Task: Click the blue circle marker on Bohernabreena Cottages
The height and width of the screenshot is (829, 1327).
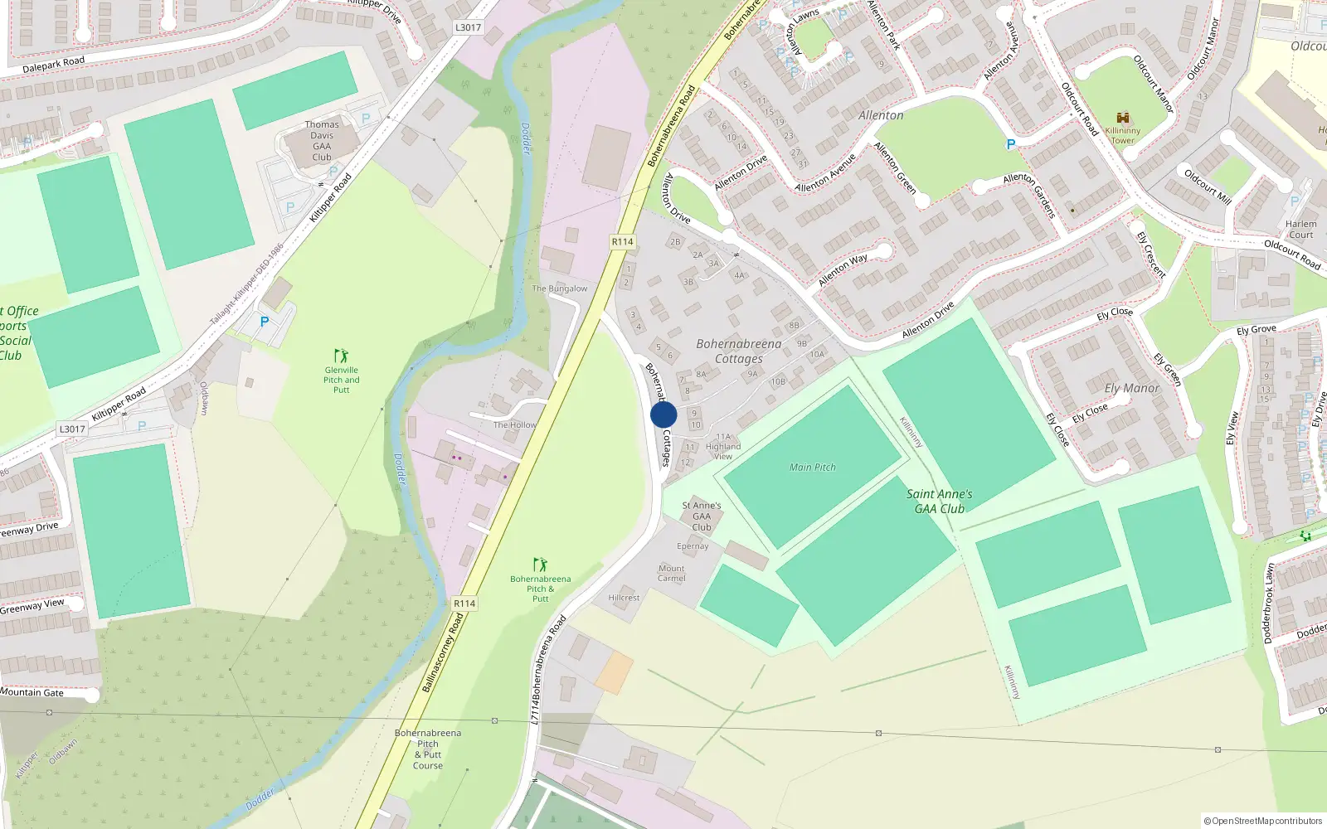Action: [x=663, y=414]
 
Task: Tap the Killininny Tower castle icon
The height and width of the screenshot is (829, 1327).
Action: [x=1123, y=118]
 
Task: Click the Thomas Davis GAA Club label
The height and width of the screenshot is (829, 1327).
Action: [x=322, y=140]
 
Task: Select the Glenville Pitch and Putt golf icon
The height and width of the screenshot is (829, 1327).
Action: [x=341, y=356]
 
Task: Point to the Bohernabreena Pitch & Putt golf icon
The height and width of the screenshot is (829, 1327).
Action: [x=541, y=565]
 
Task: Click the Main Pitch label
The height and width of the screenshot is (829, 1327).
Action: [x=812, y=468]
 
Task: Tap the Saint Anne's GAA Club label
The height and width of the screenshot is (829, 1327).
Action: [x=939, y=502]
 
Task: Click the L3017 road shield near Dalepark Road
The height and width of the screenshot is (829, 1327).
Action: [x=468, y=27]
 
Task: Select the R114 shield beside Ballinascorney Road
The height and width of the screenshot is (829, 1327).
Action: [x=464, y=604]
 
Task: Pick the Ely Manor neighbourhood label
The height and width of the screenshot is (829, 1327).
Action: [x=1131, y=388]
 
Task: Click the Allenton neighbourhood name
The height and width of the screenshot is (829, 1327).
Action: [x=881, y=115]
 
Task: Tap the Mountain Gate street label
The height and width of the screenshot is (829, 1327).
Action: [x=32, y=692]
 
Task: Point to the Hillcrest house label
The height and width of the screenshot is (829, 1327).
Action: [x=624, y=598]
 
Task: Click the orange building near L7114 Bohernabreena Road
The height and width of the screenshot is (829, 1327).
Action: [x=614, y=672]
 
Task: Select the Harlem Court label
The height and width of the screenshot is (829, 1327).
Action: [x=1300, y=230]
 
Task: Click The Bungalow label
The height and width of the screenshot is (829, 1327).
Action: [x=559, y=288]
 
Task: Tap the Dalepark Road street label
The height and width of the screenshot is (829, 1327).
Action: [x=54, y=65]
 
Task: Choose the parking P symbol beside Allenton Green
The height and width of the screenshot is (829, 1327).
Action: [x=1010, y=145]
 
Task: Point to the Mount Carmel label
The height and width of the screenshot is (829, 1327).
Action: [x=671, y=574]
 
